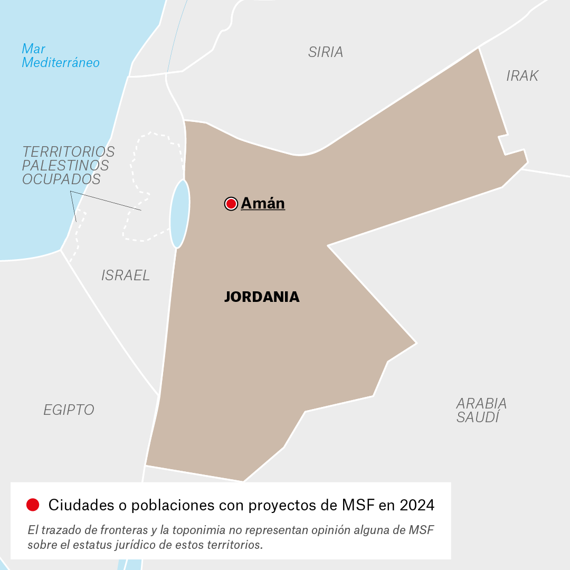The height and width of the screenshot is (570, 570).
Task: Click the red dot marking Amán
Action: pos(231,204)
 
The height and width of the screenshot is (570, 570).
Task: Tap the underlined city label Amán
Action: pos(263,204)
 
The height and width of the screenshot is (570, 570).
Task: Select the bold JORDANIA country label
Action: pos(262,297)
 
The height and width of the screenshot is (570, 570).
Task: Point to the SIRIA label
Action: pos(326,52)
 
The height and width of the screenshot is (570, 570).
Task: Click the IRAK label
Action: pos(522,76)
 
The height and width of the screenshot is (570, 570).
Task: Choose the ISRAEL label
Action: pos(126,275)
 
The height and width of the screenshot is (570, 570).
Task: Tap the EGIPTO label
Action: pos(69,410)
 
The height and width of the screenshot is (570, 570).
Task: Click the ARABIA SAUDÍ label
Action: pos(481,410)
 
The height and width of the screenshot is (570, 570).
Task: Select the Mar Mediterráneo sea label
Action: pos(60,56)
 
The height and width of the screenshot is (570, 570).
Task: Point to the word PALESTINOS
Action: pos(65,166)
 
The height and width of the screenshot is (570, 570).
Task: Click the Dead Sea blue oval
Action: pos(179,214)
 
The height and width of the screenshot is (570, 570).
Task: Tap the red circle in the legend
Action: pos(33,505)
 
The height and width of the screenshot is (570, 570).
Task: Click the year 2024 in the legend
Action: pos(417,505)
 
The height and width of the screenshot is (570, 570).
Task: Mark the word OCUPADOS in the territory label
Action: pos(61,179)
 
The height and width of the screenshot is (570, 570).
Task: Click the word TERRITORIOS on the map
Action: pos(69,152)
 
